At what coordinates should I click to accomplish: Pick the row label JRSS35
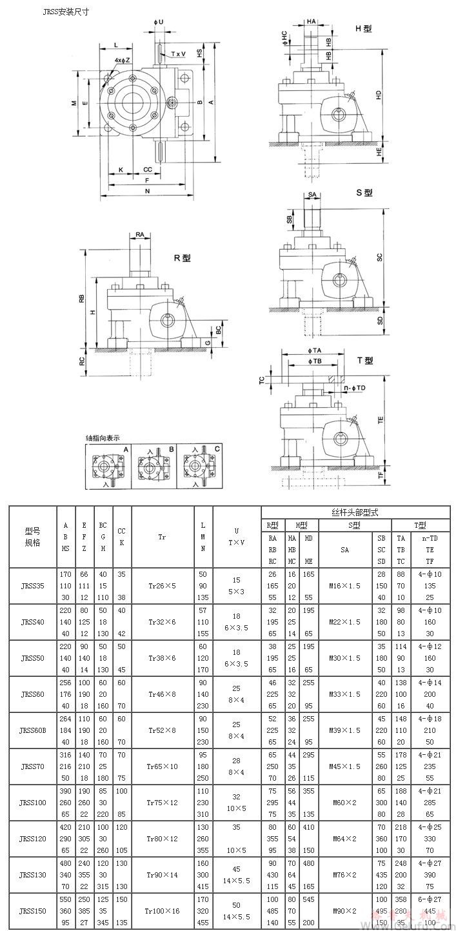[x=32, y=586]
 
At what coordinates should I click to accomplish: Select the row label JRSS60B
[x=32, y=731]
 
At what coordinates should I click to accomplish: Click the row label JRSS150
[x=32, y=912]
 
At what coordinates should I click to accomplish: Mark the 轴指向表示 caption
[x=103, y=438]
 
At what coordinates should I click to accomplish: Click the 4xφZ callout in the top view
[x=123, y=60]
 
